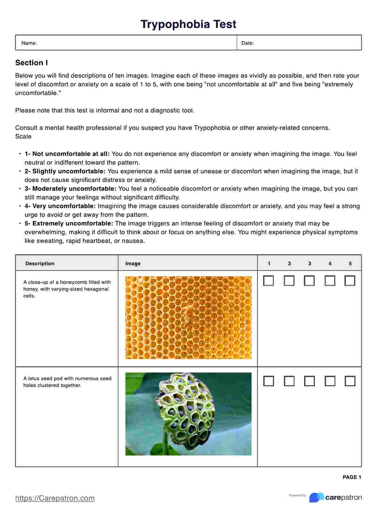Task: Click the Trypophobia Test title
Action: tap(188, 24)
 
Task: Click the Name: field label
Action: tap(29, 43)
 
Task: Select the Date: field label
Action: tap(247, 43)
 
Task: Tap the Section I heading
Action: tap(31, 63)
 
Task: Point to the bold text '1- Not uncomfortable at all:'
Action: tap(67, 154)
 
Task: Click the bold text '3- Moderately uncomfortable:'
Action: tap(71, 189)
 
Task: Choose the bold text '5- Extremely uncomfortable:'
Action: tap(69, 223)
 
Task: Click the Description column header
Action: tap(40, 263)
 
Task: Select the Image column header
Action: tap(133, 263)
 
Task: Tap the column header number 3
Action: tap(310, 263)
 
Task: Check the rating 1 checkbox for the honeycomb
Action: tap(269, 281)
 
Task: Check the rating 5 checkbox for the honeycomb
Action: tap(350, 281)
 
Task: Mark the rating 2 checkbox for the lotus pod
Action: tap(289, 381)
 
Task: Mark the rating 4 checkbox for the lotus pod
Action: tap(330, 381)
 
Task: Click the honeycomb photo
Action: tap(188, 317)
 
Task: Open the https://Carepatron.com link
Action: tap(55, 498)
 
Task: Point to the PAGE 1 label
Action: tap(352, 477)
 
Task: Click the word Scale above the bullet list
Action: tap(23, 136)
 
